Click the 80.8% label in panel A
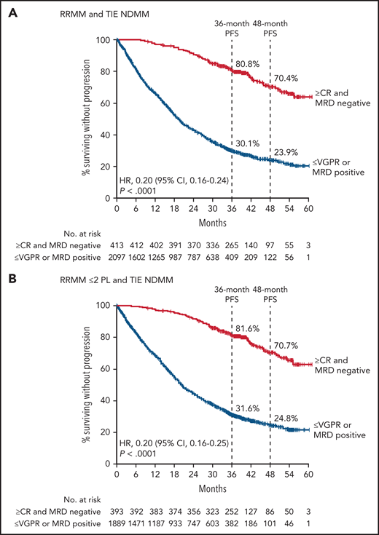(246, 63)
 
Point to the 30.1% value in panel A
(246, 143)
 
